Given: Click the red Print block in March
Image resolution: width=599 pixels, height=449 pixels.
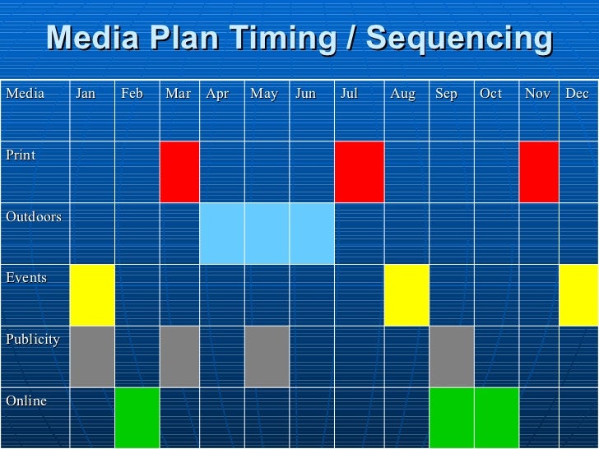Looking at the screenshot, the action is point(179,172).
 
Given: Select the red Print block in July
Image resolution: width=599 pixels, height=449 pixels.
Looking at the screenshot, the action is point(360,172).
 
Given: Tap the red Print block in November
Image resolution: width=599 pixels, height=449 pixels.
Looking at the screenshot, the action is point(539,172).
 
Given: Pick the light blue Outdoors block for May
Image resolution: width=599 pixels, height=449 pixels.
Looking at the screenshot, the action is point(267,234).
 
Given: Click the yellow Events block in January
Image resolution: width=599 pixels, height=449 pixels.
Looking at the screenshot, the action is point(92,295).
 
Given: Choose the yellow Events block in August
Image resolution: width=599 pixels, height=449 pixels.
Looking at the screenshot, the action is point(406,295).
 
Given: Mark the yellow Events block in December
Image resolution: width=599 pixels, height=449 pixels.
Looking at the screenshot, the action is point(579,295).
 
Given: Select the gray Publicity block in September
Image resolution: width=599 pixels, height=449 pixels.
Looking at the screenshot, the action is point(452,357).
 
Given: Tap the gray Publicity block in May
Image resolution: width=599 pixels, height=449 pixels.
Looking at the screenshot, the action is point(267,357).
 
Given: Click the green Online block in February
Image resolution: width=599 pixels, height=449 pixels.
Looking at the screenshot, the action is point(137,418).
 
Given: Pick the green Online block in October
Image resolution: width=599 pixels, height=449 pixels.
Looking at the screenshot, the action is point(497,418).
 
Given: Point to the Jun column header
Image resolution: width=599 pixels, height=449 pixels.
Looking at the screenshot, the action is point(305,94).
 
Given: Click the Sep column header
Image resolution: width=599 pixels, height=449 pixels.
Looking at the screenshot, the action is point(446,95).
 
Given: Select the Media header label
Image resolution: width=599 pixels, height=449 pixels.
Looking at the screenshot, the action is point(26,93).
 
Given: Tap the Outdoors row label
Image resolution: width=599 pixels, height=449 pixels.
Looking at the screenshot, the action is point(34,216).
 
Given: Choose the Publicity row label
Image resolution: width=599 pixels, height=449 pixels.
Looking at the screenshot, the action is point(33,340).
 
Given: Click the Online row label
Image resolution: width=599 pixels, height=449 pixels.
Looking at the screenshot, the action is point(26,400).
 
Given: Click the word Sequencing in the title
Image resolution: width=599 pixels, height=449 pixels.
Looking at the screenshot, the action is point(460,39).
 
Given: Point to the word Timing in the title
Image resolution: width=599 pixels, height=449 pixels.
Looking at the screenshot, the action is point(283,39).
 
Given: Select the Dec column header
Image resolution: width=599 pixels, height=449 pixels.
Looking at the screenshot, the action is point(577,93).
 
